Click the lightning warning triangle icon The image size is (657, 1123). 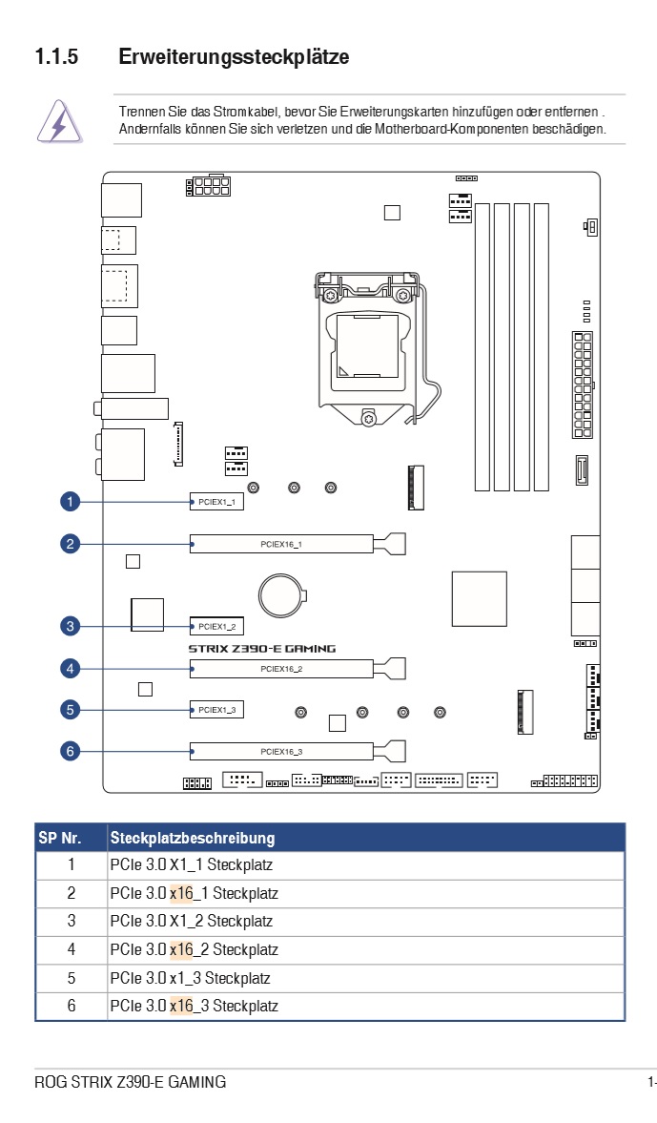[x=59, y=122]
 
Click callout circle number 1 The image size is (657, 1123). [x=71, y=501]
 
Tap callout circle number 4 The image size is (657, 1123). [x=71, y=669]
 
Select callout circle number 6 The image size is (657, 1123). [x=71, y=751]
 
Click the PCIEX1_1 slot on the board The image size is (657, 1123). [x=216, y=502]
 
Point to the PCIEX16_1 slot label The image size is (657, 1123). [x=281, y=544]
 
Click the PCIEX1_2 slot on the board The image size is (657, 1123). [x=216, y=627]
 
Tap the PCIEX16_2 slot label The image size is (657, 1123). [x=281, y=669]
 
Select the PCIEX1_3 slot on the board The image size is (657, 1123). [x=216, y=710]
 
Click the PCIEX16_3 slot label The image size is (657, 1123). [x=281, y=752]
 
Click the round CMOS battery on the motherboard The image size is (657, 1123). [x=282, y=595]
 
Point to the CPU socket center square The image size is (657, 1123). [x=368, y=346]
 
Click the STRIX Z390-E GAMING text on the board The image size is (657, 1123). [x=262, y=649]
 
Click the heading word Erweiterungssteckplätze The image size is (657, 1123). [x=234, y=56]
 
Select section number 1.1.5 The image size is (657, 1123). [x=56, y=56]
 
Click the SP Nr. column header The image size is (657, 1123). [x=60, y=838]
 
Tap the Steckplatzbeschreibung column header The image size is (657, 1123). [x=193, y=838]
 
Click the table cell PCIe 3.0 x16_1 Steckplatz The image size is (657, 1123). [x=194, y=893]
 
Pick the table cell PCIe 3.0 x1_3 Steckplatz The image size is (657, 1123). [x=191, y=978]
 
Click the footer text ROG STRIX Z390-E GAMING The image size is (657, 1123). [x=131, y=1082]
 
